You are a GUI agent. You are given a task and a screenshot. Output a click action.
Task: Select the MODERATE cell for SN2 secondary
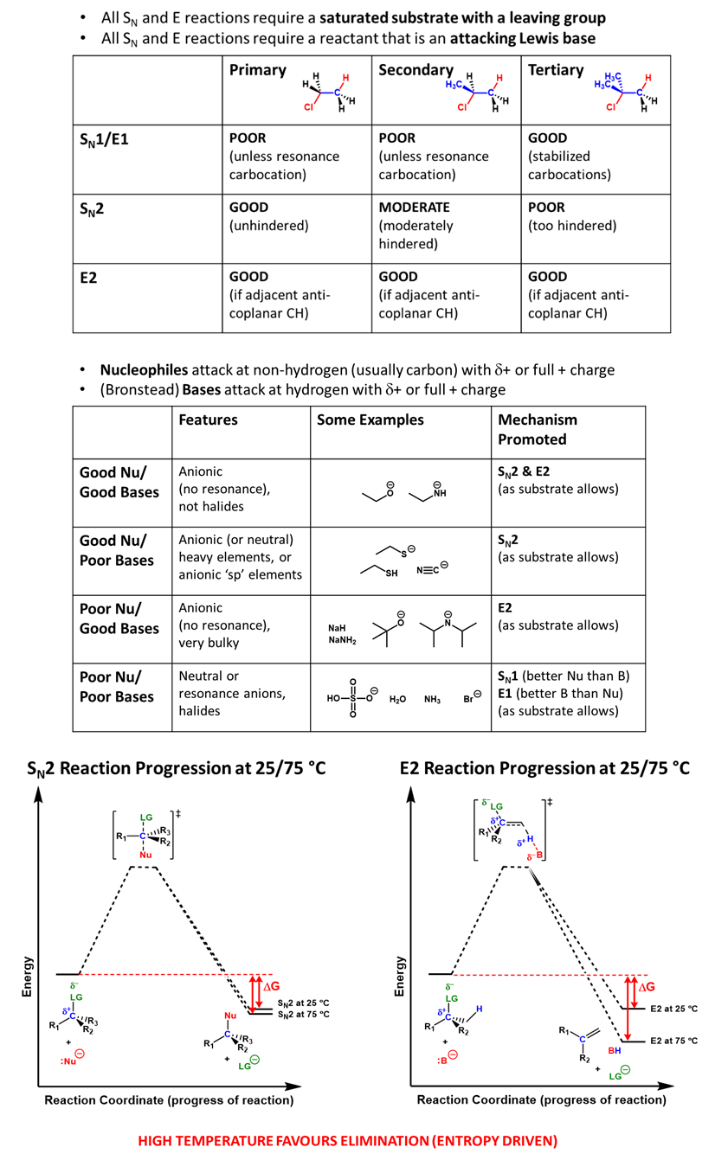click(x=414, y=208)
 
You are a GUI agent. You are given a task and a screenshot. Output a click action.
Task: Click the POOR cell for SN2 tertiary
click(x=546, y=208)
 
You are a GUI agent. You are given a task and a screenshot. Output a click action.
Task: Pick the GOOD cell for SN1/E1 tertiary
click(x=548, y=138)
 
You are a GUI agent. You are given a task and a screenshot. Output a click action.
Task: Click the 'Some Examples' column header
click(x=370, y=420)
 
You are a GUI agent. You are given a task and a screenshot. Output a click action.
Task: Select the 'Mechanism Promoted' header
click(x=538, y=429)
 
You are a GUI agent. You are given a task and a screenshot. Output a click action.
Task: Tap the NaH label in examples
click(x=338, y=628)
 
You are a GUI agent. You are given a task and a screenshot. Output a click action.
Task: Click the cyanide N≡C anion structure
click(x=432, y=570)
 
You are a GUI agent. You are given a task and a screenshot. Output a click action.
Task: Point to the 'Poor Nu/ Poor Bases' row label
click(x=116, y=687)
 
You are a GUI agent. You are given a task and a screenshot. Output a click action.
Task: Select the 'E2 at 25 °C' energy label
click(x=671, y=1009)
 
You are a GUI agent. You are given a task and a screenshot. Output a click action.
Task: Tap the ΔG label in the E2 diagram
click(x=647, y=986)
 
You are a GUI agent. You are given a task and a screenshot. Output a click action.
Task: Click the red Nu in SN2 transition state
click(x=145, y=855)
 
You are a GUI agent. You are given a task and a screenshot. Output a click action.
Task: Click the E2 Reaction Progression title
click(x=544, y=768)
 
